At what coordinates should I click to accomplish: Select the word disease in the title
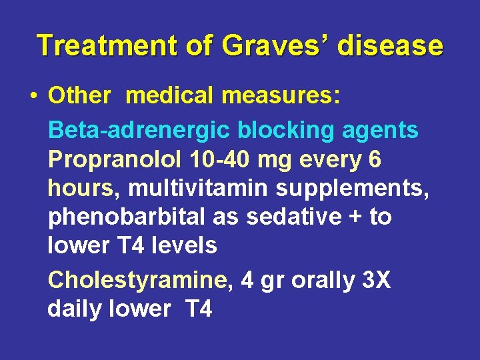tap(390, 45)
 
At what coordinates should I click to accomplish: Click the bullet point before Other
tap(33, 96)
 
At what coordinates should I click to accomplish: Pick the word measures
tap(281, 95)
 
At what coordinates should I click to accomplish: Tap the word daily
tap(76, 309)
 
